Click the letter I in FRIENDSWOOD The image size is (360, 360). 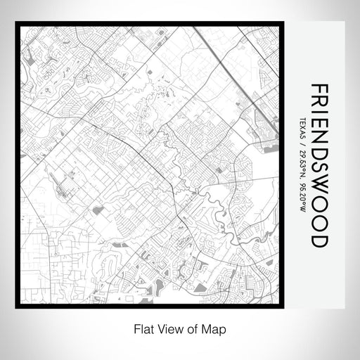tap(318, 113)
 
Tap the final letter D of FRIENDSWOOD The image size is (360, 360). tap(318, 238)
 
